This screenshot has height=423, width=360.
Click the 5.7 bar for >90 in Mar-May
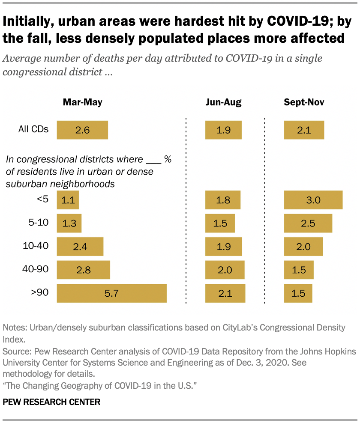coord(111,293)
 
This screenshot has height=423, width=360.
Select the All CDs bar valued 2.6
coord(82,130)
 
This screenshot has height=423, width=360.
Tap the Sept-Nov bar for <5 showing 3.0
coord(313,200)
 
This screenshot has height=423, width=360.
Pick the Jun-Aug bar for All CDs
coord(223,130)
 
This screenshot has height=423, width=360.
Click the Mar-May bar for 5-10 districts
coord(69,223)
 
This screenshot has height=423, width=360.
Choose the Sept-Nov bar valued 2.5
coord(308,223)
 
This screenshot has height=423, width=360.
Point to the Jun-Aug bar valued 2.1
coord(225,293)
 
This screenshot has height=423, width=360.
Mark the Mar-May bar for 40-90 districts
coord(83,270)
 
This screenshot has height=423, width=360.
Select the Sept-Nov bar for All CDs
coord(304,130)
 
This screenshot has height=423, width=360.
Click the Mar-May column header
coord(82,102)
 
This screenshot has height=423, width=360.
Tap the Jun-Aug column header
coord(223,102)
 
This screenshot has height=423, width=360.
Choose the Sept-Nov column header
coord(304,102)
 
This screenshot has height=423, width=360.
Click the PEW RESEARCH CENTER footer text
coord(51,402)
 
